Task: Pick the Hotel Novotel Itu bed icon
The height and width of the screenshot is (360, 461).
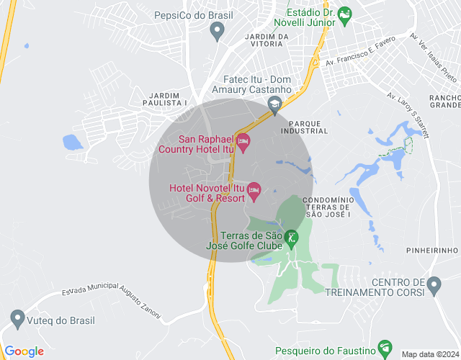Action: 254,191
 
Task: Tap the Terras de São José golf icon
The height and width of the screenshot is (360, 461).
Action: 291,237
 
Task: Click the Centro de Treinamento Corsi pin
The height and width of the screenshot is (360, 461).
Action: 434,286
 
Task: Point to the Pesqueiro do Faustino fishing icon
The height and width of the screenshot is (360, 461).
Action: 385,348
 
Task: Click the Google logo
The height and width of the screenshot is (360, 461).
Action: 24,351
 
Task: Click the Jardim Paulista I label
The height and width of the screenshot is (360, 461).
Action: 168,99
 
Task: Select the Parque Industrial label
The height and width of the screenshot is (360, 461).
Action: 304,127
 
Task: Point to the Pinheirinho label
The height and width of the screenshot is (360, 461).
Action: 432,250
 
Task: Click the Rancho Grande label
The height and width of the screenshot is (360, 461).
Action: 444,102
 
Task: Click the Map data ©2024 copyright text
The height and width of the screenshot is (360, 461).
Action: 429,354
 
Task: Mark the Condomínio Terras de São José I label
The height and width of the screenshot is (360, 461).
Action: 328,206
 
